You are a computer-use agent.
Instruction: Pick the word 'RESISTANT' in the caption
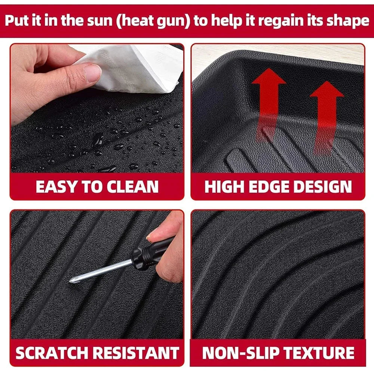139,353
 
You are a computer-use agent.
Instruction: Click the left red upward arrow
269,101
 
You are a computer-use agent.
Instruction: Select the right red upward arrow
327,112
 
